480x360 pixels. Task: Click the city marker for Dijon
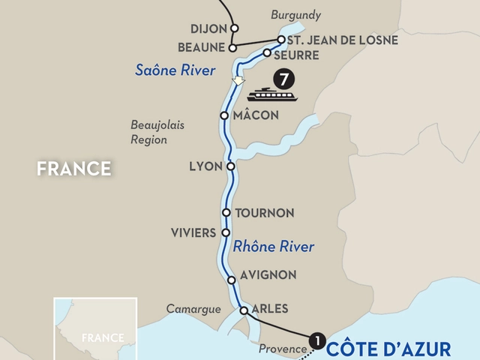pos(235,28)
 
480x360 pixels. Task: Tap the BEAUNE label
pos(202,47)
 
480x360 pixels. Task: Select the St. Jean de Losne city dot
pos(280,39)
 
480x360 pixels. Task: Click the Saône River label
pos(175,70)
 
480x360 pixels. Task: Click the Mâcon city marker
pos(223,115)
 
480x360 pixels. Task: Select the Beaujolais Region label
pos(157,131)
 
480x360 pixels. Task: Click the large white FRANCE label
pos(74,169)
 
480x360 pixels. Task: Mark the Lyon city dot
pos(230,166)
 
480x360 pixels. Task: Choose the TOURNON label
pos(264,213)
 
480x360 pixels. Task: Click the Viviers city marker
pos(225,232)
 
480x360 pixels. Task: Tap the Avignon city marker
pos(231,280)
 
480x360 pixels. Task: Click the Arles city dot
pos(244,310)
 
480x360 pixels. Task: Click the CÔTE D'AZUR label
pos(388,349)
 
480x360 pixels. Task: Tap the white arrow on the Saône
pos(238,79)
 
